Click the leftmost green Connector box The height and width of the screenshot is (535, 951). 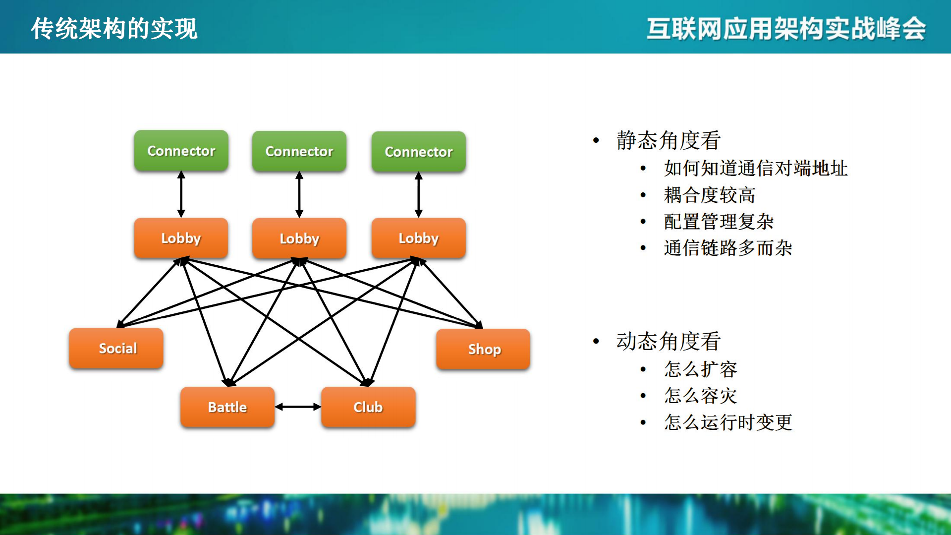181,151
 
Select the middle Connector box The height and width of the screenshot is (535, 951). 299,151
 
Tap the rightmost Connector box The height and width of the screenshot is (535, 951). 418,152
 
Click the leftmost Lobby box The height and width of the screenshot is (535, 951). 181,238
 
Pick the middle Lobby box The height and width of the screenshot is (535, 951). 299,238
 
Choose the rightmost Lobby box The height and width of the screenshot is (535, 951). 418,238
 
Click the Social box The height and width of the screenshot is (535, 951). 116,348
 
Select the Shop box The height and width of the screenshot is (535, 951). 483,349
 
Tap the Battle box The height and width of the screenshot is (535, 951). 227,407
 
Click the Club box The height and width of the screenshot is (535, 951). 368,407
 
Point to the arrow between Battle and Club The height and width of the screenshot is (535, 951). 298,407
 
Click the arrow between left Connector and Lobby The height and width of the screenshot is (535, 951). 181,194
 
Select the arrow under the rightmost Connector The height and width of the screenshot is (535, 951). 418,194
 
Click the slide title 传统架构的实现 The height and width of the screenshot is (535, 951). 114,28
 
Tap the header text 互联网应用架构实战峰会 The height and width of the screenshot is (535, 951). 786,28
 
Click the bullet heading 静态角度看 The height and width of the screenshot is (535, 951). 668,140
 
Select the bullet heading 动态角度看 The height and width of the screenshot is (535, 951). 668,341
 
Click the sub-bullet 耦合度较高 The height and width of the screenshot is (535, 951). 709,195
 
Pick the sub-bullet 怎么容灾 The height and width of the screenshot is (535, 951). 700,396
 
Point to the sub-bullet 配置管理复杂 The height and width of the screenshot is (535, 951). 719,222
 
